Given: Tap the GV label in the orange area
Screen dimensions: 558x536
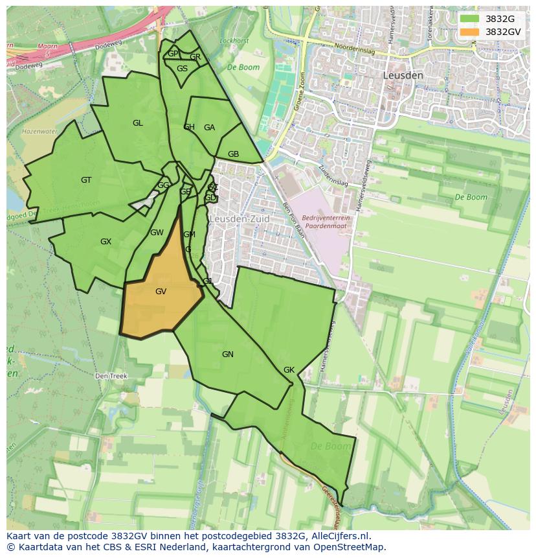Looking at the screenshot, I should [161, 292].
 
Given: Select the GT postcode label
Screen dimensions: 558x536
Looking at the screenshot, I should [86, 180].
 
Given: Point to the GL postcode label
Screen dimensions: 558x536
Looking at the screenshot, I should [137, 123].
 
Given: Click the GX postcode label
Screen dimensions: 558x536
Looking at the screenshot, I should [106, 242].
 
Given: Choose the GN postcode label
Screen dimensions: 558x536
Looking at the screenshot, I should [227, 355].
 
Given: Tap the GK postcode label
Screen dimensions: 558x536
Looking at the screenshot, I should [289, 370].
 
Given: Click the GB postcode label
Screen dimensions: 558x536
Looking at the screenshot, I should [233, 154].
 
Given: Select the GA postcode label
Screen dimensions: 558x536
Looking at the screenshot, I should [209, 128].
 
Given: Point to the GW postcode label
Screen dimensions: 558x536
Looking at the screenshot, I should [157, 233].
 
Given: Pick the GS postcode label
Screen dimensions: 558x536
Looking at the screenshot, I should [182, 69].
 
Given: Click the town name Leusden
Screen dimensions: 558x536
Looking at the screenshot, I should [403, 75].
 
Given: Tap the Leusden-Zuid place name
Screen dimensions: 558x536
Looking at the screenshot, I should [239, 219].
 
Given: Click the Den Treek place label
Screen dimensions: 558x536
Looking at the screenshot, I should [111, 376].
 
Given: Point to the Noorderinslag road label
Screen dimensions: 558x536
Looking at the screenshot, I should [355, 47].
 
